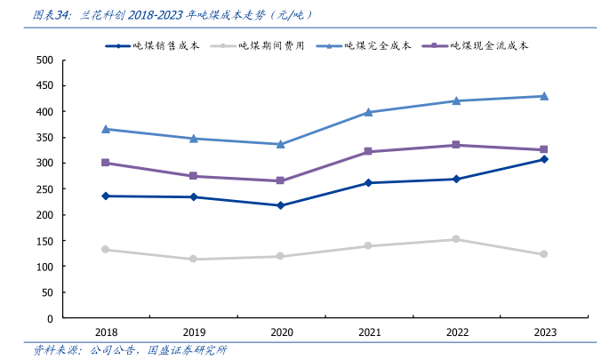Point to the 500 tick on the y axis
tap(44, 60)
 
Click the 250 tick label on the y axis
tap(44, 189)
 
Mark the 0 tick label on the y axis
tap(50, 318)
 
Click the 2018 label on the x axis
tap(106, 332)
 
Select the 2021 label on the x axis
tap(369, 332)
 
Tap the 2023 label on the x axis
tap(545, 332)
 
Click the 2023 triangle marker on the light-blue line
tap(545, 96)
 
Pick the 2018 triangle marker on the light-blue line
tap(106, 129)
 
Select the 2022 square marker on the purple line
tap(457, 145)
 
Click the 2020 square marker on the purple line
tap(281, 180)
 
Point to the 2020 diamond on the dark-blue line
tap(281, 205)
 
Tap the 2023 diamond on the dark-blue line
tap(545, 159)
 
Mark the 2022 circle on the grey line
tap(457, 239)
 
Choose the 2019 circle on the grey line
tap(194, 260)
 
